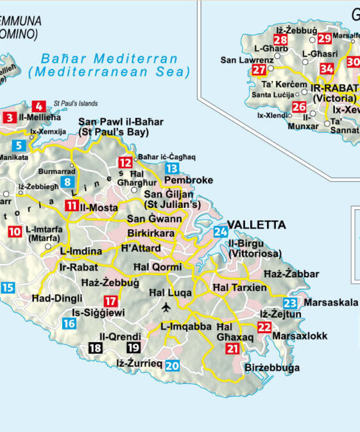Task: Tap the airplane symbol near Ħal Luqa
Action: (167, 307)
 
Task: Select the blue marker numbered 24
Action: (221, 232)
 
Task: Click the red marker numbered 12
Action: (124, 162)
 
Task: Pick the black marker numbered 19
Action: (133, 348)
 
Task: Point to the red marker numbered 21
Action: (232, 349)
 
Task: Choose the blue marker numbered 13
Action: (171, 169)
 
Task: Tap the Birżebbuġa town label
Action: (272, 368)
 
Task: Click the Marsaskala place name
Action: (330, 302)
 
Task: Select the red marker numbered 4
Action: (39, 107)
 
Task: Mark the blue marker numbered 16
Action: (69, 324)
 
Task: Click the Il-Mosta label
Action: (98, 207)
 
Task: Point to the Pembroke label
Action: (188, 180)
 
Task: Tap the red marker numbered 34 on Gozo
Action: (327, 69)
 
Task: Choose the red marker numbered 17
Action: (111, 300)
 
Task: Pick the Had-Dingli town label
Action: (56, 298)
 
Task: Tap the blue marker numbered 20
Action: (172, 366)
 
